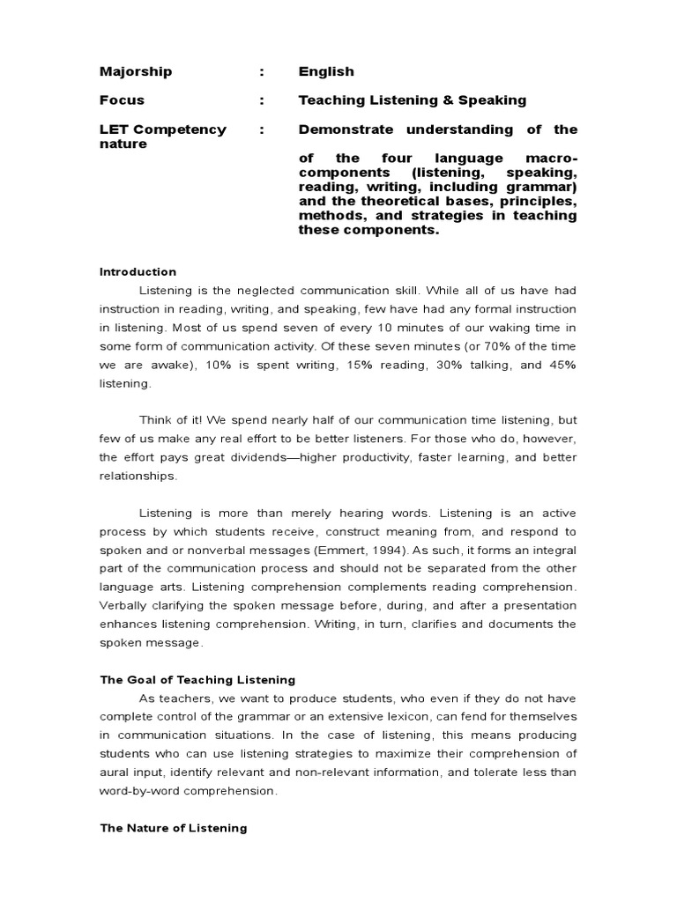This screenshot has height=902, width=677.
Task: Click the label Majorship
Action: (136, 71)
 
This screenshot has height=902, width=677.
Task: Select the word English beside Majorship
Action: (326, 71)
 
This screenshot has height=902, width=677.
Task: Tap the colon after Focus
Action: (262, 100)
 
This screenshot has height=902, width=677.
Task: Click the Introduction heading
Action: (138, 272)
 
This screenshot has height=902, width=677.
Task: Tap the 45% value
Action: (563, 366)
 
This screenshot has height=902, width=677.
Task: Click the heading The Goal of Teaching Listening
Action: (197, 679)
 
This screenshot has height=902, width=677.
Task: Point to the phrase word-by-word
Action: (138, 790)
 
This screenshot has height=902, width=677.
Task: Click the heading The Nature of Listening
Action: (174, 828)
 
